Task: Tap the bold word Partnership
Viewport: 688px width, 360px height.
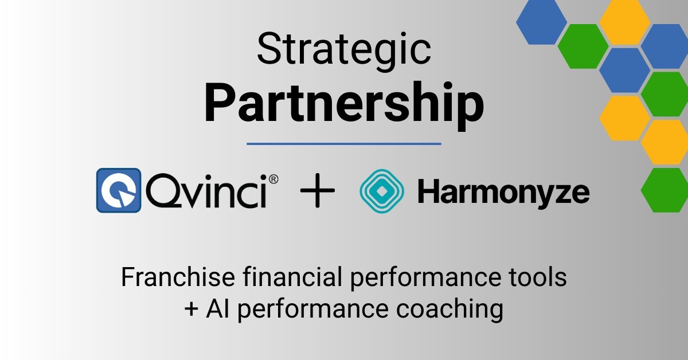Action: (x=344, y=103)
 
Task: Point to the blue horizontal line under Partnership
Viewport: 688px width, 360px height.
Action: (x=344, y=143)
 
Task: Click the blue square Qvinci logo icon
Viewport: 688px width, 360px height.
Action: (x=119, y=190)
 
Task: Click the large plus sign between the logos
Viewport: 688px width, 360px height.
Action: (x=318, y=191)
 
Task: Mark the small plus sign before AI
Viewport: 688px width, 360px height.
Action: (x=191, y=310)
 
